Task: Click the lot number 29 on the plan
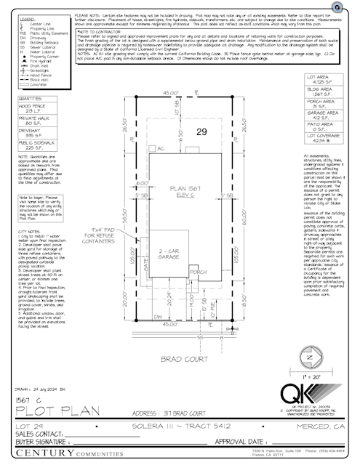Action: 201,132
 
